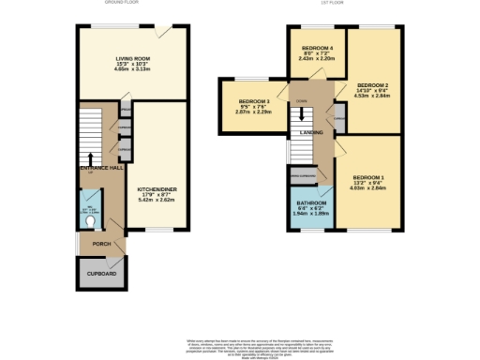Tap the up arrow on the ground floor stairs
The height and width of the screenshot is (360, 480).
(91, 158)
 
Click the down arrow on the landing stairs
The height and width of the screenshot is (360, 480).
(302, 116)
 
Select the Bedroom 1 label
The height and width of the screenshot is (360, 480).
(367, 177)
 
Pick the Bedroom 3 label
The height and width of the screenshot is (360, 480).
(253, 101)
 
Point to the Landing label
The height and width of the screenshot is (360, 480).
(310, 133)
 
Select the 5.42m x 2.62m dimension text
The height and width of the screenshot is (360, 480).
(152, 199)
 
